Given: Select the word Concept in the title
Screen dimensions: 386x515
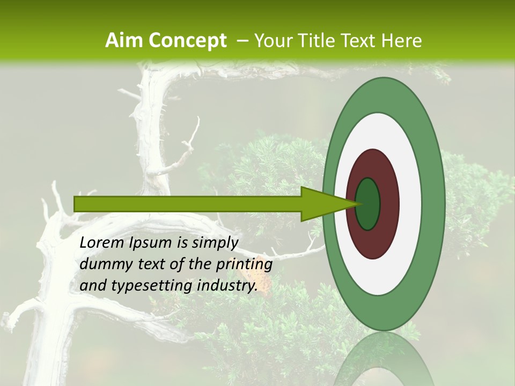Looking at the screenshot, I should pos(187,41).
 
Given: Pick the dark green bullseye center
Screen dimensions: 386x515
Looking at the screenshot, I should pos(368,204).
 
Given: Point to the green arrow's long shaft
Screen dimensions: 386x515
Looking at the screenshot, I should pos(188,204).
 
